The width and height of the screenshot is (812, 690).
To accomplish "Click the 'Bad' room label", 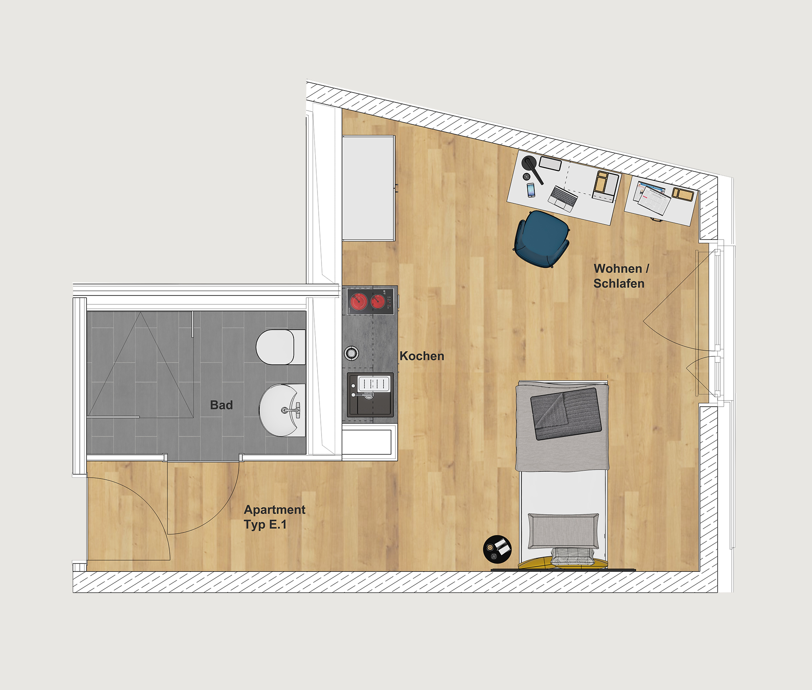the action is pyautogui.click(x=221, y=405).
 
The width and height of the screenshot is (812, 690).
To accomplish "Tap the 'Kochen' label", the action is pyautogui.click(x=422, y=356).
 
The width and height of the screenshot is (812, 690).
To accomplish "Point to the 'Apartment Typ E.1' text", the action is pyautogui.click(x=274, y=517).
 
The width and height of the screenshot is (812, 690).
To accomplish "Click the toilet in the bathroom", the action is pyautogui.click(x=280, y=347).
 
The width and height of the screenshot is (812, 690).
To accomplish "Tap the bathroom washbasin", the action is pyautogui.click(x=282, y=410).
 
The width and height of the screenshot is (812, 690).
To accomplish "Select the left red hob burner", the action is pyautogui.click(x=359, y=302).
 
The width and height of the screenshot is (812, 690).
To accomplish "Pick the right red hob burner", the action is pyautogui.click(x=378, y=301).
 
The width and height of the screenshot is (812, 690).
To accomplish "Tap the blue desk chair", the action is pyautogui.click(x=542, y=239).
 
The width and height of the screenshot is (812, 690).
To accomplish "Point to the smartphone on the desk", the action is pyautogui.click(x=531, y=190).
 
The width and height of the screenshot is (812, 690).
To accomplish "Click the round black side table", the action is pyautogui.click(x=497, y=549).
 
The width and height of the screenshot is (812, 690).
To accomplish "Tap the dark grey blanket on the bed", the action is pyautogui.click(x=566, y=414).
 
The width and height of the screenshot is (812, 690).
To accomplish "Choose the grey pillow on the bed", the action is pyautogui.click(x=563, y=531).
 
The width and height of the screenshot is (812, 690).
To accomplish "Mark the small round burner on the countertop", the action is pyautogui.click(x=352, y=353).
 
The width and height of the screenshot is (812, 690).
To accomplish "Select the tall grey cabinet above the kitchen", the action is pyautogui.click(x=369, y=188).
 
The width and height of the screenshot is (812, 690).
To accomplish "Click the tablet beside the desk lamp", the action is pyautogui.click(x=551, y=163).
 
